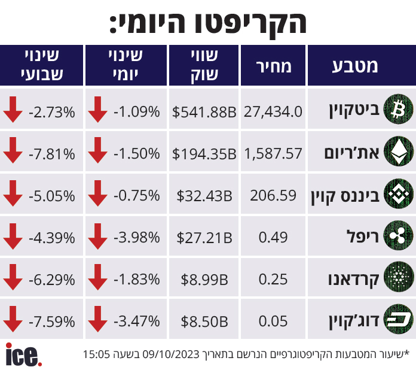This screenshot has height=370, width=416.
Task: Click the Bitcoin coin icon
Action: tap(398, 109)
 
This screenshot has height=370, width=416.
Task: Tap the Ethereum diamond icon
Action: tap(398, 151)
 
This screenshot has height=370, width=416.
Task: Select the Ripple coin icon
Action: tap(398, 235)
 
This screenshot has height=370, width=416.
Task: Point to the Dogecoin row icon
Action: tap(398, 319)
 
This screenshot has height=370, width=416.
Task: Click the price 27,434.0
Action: tap(273, 111)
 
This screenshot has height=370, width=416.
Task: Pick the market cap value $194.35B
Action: tap(204, 154)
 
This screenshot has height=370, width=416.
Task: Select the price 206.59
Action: tap(273, 195)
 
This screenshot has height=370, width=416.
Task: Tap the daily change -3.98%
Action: tap(137, 237)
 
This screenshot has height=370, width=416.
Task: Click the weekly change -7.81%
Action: tap(52, 154)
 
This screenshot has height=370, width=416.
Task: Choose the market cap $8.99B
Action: tap(204, 280)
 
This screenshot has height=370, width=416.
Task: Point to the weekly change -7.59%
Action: tap(52, 322)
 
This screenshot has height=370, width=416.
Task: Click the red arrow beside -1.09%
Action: tap(97, 110)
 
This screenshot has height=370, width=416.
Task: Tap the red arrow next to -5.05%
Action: tap(13, 193)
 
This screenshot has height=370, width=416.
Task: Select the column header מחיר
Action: tap(274, 66)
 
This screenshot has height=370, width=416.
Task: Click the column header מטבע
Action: tap(355, 66)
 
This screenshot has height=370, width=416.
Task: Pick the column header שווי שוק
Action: tap(204, 65)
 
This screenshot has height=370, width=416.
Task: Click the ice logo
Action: tap(24, 355)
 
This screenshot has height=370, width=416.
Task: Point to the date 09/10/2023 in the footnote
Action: tap(171, 354)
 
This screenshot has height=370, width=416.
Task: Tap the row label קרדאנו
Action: tap(353, 280)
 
